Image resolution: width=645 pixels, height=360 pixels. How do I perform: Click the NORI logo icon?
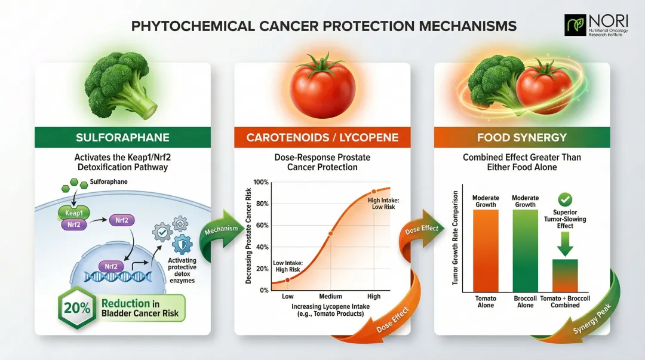point(575,25)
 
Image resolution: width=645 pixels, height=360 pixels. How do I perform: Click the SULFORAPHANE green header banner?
point(123,137)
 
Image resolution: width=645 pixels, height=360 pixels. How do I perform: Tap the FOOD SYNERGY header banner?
point(521,137)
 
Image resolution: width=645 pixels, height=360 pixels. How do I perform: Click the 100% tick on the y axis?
point(261,182)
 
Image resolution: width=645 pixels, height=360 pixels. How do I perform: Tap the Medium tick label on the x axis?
point(330,297)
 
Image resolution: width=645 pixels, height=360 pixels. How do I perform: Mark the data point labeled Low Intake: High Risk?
point(287,280)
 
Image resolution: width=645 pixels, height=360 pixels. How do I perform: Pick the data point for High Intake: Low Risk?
point(374,192)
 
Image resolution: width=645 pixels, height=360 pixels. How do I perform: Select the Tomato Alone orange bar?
point(486,250)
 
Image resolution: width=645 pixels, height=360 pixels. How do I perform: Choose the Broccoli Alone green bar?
point(526,250)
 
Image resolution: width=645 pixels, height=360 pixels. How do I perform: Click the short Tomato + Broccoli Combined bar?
point(564,275)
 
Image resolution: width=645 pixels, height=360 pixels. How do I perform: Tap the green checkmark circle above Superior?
point(564,199)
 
